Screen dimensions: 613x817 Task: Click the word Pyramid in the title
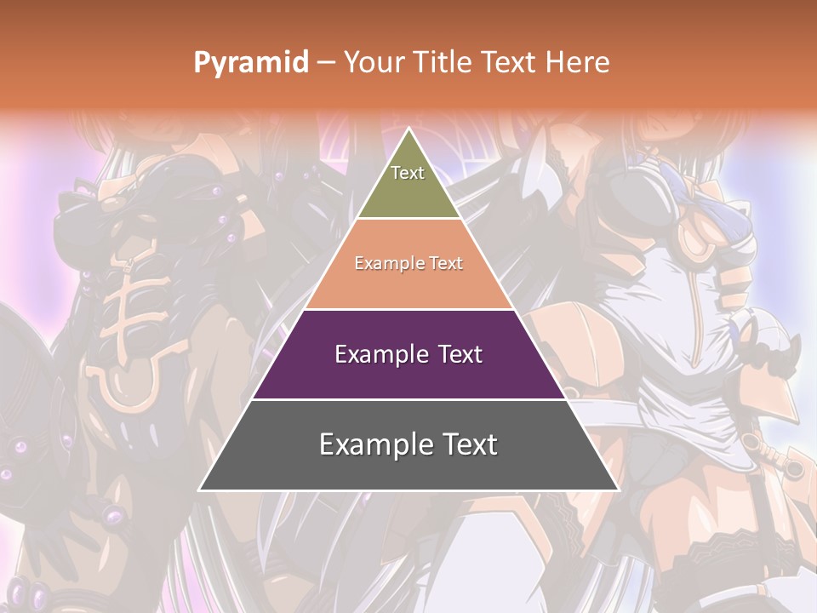tap(251, 63)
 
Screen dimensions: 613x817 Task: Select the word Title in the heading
tap(445, 62)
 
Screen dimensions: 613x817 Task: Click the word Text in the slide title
tap(511, 62)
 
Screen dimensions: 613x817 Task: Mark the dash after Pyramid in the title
tap(326, 63)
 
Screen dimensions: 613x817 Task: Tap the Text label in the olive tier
tap(408, 173)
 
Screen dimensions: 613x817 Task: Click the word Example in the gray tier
tap(373, 444)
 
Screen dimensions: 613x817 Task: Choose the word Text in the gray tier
tap(466, 444)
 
